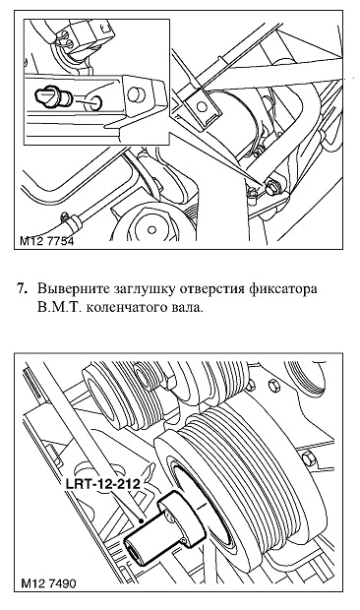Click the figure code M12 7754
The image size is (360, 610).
click(46, 241)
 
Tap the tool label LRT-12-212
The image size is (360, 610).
click(102, 484)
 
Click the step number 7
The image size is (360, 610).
click(23, 289)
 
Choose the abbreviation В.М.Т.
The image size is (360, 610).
click(58, 308)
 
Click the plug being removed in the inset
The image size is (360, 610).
click(53, 97)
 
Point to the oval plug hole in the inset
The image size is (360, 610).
click(93, 100)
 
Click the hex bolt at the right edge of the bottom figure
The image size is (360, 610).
click(308, 458)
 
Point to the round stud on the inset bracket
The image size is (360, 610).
click(135, 93)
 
